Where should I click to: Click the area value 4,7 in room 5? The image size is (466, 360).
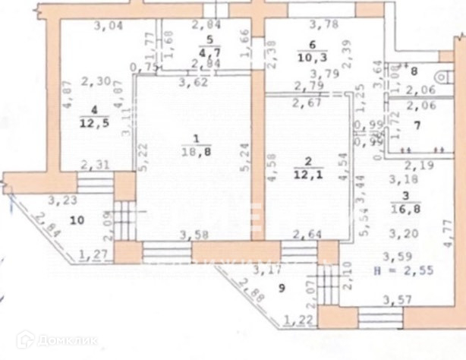click(208, 52)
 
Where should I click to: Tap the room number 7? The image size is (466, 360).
click(416, 123)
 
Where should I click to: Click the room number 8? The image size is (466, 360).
click(414, 74)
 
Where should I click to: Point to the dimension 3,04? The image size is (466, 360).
click(108, 27)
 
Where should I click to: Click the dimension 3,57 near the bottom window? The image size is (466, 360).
click(397, 303)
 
